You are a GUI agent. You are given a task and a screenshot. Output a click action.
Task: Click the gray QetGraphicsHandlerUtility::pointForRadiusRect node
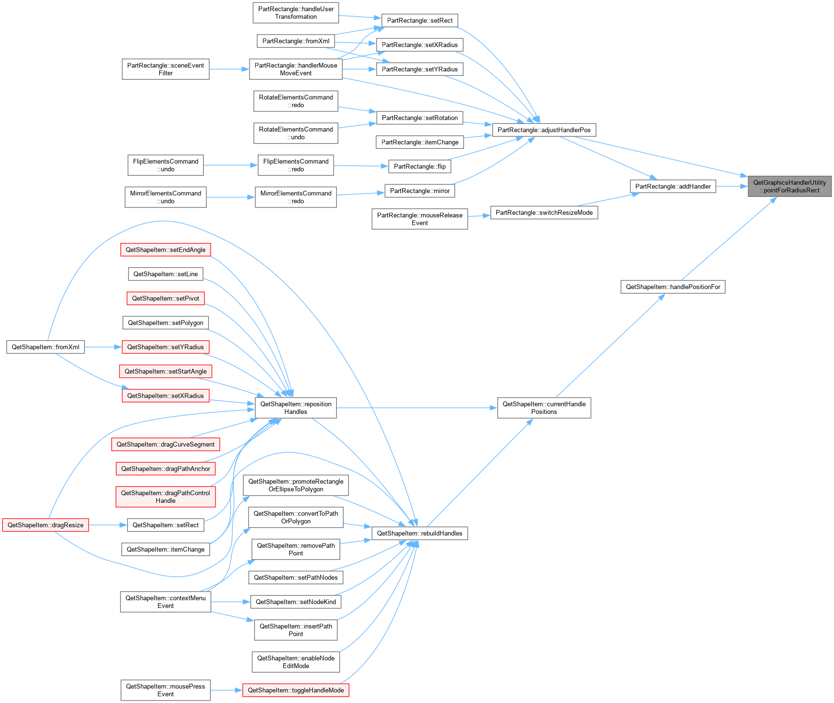(789, 186)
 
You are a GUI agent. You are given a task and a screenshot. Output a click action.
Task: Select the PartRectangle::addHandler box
(673, 186)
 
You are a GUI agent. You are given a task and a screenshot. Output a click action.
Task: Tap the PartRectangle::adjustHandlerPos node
(544, 130)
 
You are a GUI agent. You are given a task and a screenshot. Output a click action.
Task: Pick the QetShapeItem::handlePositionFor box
(673, 287)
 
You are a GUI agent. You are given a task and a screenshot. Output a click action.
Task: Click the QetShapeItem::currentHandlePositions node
(544, 408)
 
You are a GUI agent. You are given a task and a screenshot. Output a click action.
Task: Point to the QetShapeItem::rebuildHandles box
(420, 533)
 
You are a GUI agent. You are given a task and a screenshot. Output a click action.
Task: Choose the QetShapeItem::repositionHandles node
(296, 408)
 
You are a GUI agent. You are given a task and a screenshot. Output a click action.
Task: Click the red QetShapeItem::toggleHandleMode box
(296, 690)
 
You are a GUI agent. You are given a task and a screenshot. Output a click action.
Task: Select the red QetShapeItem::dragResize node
(46, 525)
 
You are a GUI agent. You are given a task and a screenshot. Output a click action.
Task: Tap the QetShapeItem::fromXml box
(46, 347)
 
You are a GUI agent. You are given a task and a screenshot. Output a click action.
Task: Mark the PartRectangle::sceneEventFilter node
(166, 69)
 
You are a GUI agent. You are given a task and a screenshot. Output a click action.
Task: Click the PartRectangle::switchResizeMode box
(544, 213)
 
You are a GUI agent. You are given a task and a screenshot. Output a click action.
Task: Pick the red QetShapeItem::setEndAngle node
(166, 250)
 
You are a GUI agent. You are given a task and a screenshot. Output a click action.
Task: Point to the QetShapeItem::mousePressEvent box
(166, 690)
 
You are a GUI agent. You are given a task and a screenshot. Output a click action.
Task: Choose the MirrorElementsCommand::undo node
(166, 197)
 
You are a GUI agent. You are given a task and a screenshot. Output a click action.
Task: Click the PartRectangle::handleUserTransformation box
(296, 12)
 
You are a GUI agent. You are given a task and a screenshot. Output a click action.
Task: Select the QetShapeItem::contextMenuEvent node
(166, 602)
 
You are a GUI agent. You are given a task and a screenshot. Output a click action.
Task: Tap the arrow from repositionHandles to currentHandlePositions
(417, 408)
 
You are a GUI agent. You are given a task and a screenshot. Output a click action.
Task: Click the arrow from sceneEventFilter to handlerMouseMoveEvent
(229, 69)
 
